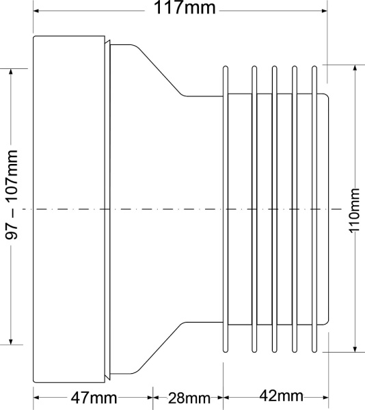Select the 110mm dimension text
click(354, 210)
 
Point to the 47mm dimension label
click(94, 397)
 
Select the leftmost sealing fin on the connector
click(224, 208)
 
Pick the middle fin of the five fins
click(274, 208)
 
